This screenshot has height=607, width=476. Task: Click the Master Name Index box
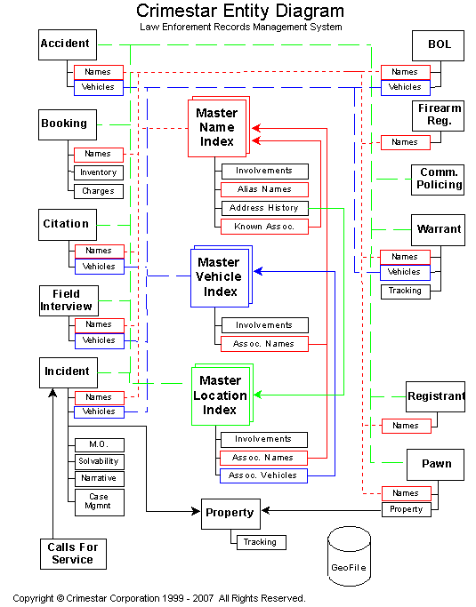point(217,128)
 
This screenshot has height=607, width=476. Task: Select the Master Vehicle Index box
point(220,277)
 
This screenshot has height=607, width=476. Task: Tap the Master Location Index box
point(221,395)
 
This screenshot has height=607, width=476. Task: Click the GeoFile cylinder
point(350,556)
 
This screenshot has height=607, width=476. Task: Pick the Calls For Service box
point(73,554)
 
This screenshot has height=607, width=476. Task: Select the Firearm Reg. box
point(438,116)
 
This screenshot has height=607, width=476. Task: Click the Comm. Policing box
point(438,180)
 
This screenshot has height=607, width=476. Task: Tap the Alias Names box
point(265,189)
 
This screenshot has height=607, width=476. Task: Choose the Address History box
point(265,208)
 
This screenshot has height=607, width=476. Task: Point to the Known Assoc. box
point(265,227)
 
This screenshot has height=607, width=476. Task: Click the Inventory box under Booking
point(99,172)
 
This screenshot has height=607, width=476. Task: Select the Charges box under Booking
point(99,191)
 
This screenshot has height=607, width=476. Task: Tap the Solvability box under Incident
point(100,461)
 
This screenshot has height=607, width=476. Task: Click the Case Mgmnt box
point(100,502)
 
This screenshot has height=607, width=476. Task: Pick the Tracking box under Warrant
point(405,292)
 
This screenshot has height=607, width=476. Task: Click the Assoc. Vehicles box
point(263,475)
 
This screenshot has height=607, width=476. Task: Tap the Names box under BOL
point(406,72)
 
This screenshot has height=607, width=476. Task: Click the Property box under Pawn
point(407,509)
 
